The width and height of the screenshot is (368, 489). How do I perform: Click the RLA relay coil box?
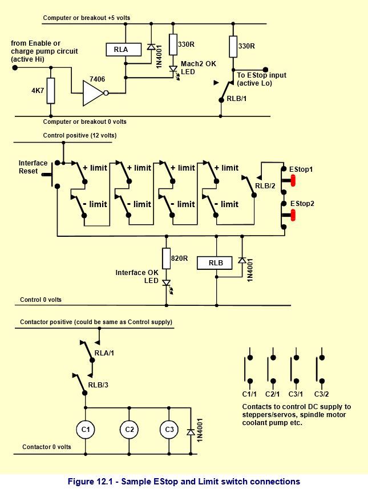[123, 50]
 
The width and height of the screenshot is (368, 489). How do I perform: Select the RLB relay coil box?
[215, 263]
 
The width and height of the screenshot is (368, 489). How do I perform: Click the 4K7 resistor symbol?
[51, 91]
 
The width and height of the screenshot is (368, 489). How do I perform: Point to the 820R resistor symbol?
[167, 258]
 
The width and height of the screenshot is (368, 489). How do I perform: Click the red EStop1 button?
[293, 180]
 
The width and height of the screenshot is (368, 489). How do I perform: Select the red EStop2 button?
[293, 215]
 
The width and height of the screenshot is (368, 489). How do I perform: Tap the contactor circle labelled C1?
[86, 430]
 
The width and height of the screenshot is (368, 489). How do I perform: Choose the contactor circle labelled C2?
[129, 430]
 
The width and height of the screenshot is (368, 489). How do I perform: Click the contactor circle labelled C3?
[169, 430]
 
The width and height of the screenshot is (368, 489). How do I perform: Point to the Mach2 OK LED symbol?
[173, 70]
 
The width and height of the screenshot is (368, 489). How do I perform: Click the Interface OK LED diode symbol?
[167, 283]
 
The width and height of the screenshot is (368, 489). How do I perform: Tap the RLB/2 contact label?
[265, 186]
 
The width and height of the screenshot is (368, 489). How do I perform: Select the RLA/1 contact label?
[104, 353]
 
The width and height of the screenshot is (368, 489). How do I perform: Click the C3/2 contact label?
[322, 394]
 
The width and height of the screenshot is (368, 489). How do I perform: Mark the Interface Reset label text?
[33, 167]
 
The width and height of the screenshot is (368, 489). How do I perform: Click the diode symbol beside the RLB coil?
[242, 260]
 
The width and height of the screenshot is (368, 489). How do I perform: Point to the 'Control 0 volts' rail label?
[41, 300]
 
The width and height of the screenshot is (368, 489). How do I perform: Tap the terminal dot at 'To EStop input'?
[265, 70]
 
